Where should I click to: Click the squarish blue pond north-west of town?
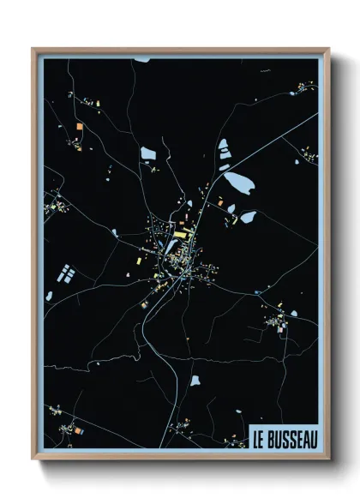(x=148, y=153)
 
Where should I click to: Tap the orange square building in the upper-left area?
(x=80, y=127)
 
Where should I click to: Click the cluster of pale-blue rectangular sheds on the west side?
(x=64, y=274)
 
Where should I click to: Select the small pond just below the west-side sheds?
(x=50, y=296)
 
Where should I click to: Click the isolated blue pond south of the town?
(x=195, y=380)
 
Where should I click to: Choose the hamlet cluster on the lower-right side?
(x=276, y=321)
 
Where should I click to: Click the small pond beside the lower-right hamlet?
(x=293, y=314)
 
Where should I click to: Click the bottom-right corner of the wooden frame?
(x=328, y=459)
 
